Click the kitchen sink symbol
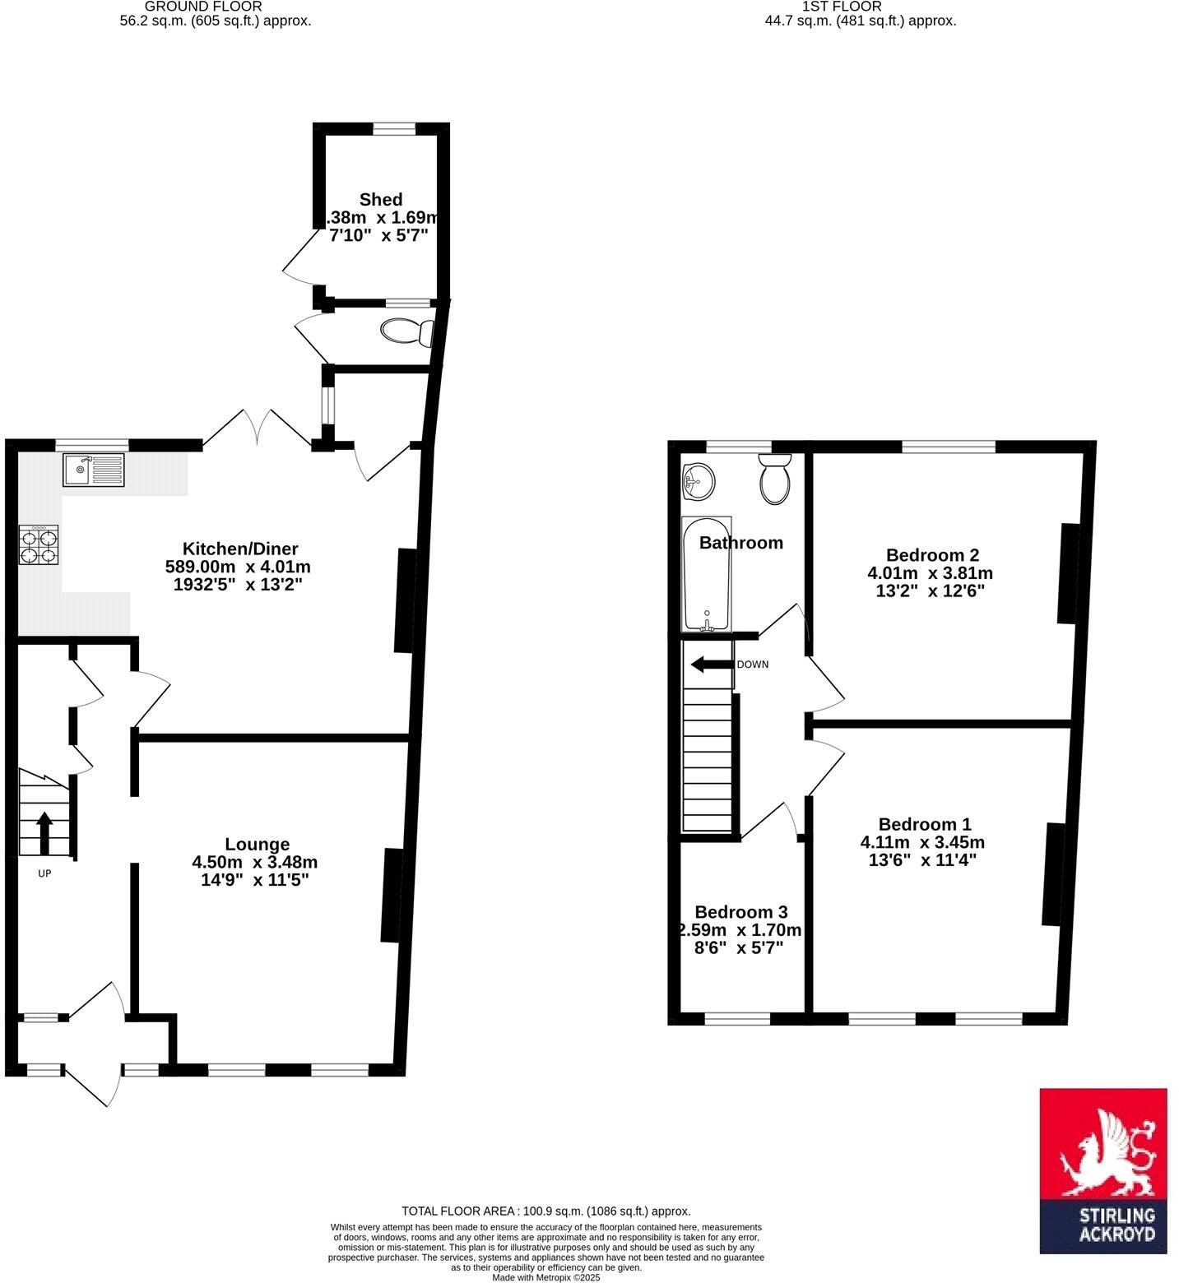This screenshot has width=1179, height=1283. tap(93, 470)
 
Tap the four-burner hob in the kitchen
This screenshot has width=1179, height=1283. tap(39, 544)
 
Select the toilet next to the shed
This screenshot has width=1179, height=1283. tap(407, 332)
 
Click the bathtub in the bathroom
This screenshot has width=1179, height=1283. tap(706, 574)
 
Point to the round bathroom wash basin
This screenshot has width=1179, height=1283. tap(698, 480)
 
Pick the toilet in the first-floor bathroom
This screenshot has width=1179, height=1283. tap(774, 479)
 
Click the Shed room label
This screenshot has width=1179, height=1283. tap(381, 199)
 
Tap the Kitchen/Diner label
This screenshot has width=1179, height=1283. tap(239, 549)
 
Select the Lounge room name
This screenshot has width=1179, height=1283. tap(257, 844)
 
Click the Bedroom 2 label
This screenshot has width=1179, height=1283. tap(932, 554)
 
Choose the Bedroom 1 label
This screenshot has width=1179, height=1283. tap(925, 824)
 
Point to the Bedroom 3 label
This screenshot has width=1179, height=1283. tap(740, 911)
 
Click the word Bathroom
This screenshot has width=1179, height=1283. tap(740, 543)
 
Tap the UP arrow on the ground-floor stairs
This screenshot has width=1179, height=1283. tap(44, 832)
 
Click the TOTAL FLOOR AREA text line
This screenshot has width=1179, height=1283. tap(545, 1211)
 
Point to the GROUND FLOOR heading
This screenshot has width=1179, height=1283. tap(203, 6)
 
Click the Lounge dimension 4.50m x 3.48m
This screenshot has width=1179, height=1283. tap(254, 862)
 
